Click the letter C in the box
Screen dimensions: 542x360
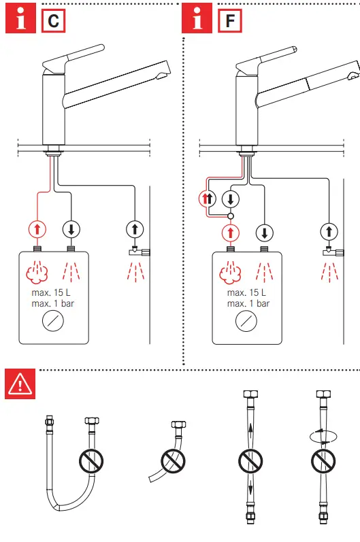[53, 20]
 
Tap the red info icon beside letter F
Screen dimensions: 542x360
[198, 20]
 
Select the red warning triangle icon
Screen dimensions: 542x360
[20, 386]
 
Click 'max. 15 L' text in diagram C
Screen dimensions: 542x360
[53, 293]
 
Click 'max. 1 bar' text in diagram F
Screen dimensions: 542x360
[248, 303]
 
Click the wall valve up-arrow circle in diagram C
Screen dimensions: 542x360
[135, 228]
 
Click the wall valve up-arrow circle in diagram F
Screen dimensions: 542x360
[329, 232]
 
